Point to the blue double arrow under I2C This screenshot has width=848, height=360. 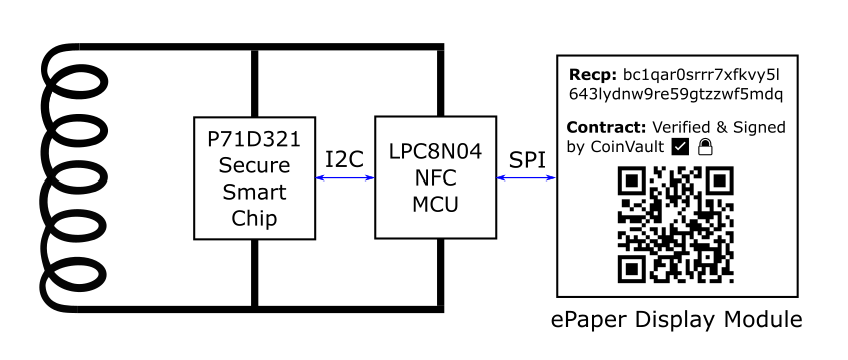[x=344, y=179]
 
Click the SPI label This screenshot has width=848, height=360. [x=527, y=158]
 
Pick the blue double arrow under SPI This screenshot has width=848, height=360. [x=527, y=179]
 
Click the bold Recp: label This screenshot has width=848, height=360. [x=592, y=75]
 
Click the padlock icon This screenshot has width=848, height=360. [x=704, y=147]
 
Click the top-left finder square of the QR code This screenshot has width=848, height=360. [x=631, y=182]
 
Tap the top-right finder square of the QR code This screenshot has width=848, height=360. [x=719, y=182]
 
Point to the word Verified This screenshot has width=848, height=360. [x=683, y=128]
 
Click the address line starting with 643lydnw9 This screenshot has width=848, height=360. [x=674, y=94]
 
